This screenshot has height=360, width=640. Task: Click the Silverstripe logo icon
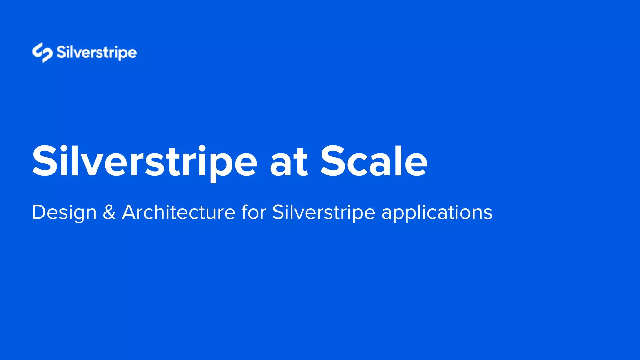[42, 52]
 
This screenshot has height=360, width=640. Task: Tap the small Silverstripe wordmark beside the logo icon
[97, 52]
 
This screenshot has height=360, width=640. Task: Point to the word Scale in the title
[374, 162]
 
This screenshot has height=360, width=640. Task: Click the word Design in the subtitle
[64, 213]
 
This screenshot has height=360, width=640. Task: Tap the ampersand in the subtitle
[109, 212]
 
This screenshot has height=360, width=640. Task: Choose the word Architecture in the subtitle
[178, 212]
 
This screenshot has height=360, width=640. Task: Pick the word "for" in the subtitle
[254, 212]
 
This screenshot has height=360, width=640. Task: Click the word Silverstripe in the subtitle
[323, 213]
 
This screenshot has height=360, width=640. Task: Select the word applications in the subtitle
[437, 213]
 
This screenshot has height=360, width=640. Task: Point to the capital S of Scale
[332, 162]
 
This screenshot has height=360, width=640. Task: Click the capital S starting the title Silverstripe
[44, 162]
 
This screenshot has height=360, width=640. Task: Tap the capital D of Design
[39, 212]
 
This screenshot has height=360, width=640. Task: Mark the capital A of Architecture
[131, 212]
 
